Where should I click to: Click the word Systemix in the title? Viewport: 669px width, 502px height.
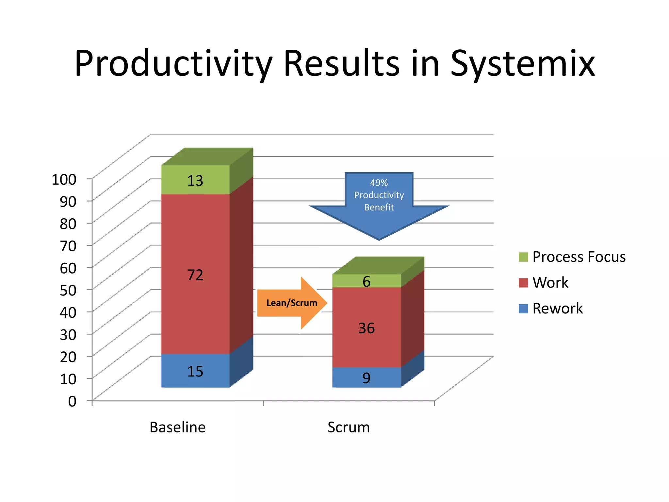click(522, 64)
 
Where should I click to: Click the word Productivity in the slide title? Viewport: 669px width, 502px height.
click(173, 64)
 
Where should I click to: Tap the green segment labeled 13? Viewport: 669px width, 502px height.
click(195, 180)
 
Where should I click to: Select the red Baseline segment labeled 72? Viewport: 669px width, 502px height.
click(195, 275)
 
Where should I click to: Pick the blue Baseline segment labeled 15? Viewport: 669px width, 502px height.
click(195, 371)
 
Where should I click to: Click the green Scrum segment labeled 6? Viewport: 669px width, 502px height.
click(367, 281)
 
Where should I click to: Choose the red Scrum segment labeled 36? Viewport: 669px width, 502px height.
click(367, 328)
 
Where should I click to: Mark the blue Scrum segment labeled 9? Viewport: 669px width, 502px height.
click(367, 378)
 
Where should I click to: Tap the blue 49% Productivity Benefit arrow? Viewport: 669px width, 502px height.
click(379, 203)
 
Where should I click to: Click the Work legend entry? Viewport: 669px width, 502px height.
click(550, 282)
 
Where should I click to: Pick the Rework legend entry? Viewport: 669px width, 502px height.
click(557, 308)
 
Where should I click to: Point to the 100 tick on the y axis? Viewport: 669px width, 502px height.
click(64, 179)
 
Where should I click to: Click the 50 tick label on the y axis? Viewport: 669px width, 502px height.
click(68, 290)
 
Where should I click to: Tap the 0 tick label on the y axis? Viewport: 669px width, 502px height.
click(72, 401)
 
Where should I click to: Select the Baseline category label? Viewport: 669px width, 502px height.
click(177, 427)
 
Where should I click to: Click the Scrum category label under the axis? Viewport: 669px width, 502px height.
click(349, 427)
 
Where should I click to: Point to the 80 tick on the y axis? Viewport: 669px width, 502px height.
click(68, 224)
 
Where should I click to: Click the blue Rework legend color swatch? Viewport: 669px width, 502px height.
click(523, 309)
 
